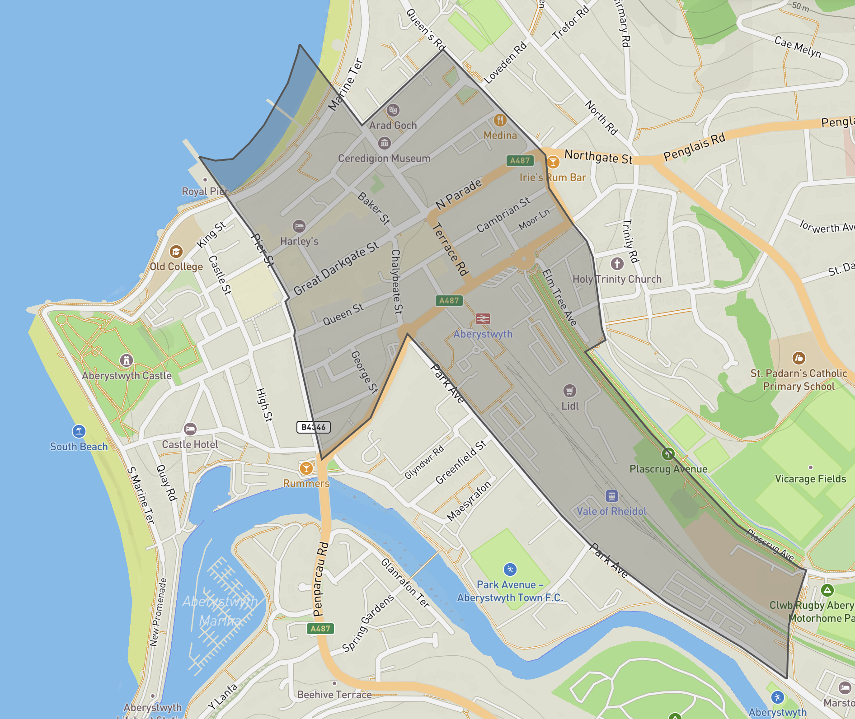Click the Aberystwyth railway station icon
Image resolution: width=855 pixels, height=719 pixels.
pyautogui.click(x=483, y=319)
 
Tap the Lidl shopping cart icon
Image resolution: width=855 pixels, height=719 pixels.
pyautogui.click(x=569, y=391)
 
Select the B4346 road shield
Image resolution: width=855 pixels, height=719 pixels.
pyautogui.click(x=314, y=427)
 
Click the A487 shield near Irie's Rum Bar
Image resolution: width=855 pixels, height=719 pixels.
pyautogui.click(x=520, y=160)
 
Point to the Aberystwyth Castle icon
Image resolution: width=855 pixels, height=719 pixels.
pyautogui.click(x=127, y=360)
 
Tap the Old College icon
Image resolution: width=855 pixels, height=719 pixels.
pyautogui.click(x=176, y=252)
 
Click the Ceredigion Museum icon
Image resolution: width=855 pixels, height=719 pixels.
pyautogui.click(x=385, y=143)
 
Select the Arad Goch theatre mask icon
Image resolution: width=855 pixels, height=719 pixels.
pyautogui.click(x=393, y=110)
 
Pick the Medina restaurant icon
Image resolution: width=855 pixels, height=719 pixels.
pyautogui.click(x=500, y=120)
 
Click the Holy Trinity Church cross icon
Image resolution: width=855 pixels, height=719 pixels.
pyautogui.click(x=617, y=264)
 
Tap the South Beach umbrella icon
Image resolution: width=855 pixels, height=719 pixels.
pyautogui.click(x=79, y=431)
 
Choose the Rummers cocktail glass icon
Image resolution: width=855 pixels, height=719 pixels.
pyautogui.click(x=306, y=468)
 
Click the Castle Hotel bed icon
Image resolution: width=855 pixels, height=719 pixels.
pyautogui.click(x=190, y=429)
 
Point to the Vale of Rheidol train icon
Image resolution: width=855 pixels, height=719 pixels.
pyautogui.click(x=611, y=496)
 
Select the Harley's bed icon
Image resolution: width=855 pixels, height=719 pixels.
pyautogui.click(x=299, y=226)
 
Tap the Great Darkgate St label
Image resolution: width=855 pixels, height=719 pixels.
pyautogui.click(x=336, y=268)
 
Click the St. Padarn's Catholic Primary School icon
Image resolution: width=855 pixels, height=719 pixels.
pyautogui.click(x=799, y=358)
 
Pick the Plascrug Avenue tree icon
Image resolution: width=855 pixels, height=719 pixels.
pyautogui.click(x=668, y=454)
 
